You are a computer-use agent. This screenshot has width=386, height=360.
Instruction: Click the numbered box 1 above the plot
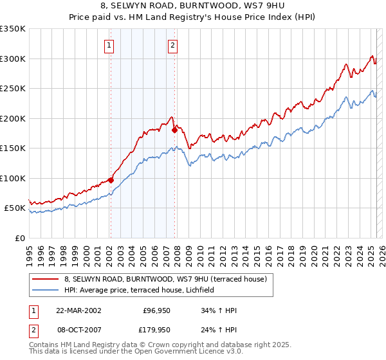point(109,45)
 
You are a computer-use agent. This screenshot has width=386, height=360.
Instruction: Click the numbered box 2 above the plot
point(174,45)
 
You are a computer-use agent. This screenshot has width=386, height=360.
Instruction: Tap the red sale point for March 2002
point(111,180)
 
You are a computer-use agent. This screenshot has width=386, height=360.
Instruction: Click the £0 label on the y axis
point(19,238)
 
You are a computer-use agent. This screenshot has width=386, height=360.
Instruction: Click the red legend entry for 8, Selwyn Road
point(169,279)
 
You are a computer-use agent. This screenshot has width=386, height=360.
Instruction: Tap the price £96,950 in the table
point(156,310)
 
